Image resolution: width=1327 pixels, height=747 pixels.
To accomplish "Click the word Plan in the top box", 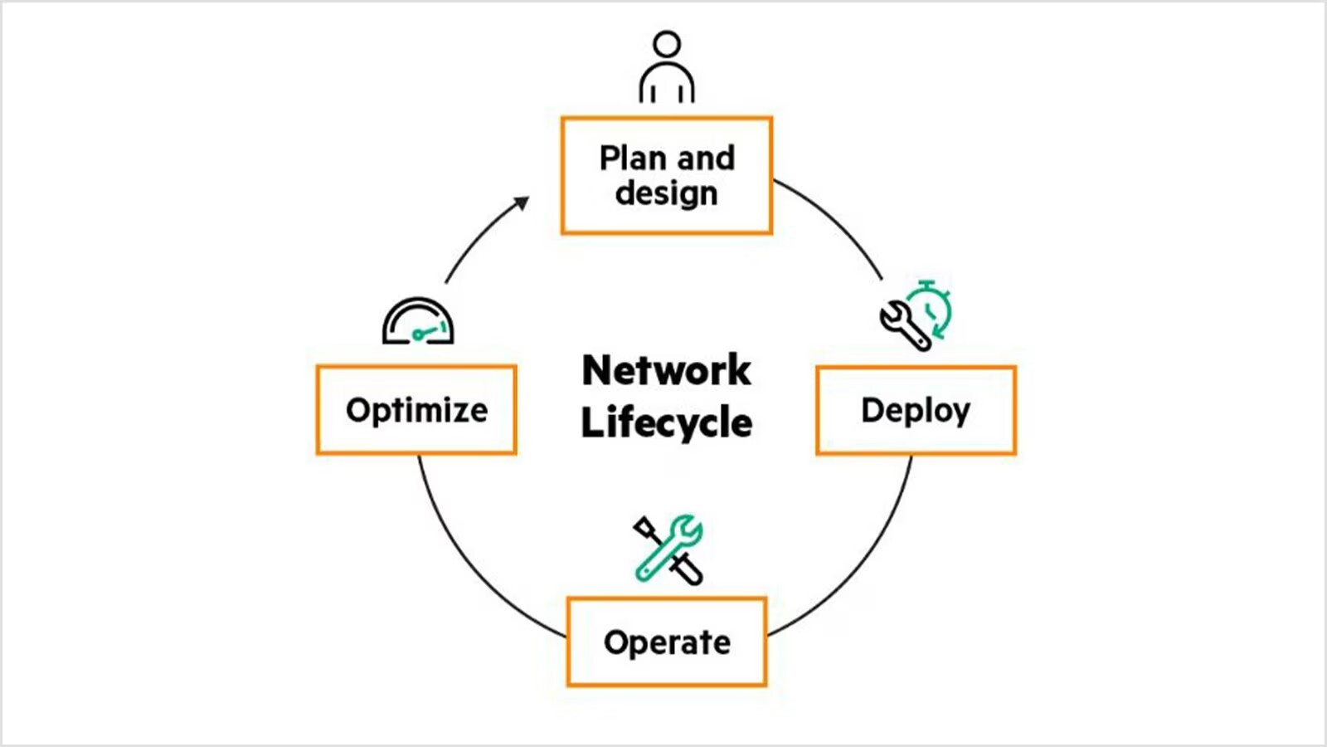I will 632,158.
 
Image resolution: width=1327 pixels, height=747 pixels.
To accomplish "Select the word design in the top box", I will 666,193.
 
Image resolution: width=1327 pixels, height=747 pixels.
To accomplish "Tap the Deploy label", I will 915,411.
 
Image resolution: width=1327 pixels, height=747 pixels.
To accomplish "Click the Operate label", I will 667,642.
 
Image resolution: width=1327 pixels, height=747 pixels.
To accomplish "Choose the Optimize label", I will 416,410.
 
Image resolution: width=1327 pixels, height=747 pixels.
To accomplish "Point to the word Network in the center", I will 666,370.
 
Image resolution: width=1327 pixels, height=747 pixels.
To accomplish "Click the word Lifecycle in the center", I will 666,422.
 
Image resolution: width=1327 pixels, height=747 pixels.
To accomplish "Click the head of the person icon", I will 667,44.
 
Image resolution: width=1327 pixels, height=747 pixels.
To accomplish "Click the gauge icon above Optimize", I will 418,321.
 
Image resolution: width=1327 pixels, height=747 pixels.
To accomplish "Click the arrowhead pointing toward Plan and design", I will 522,203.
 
